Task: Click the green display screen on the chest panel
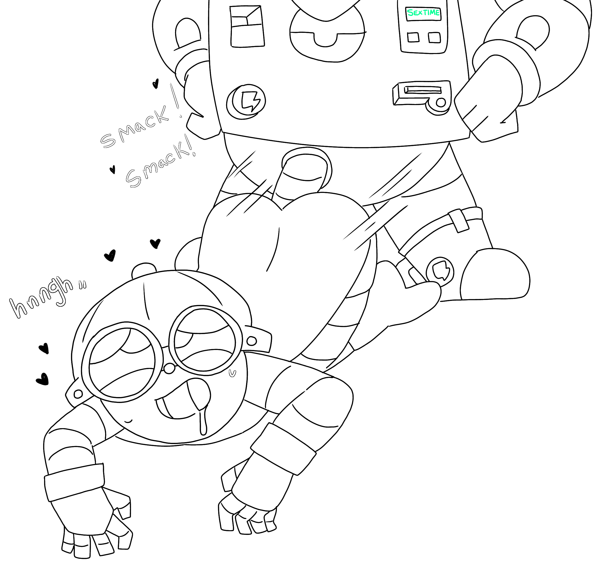pyautogui.click(x=423, y=13)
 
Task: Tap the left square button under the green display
pyautogui.click(x=413, y=37)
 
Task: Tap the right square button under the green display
pyautogui.click(x=434, y=37)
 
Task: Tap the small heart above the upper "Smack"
pyautogui.click(x=155, y=83)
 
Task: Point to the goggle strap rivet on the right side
pyautogui.click(x=252, y=341)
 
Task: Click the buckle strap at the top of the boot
pyautogui.click(x=458, y=221)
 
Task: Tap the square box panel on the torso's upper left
pyautogui.click(x=247, y=26)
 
